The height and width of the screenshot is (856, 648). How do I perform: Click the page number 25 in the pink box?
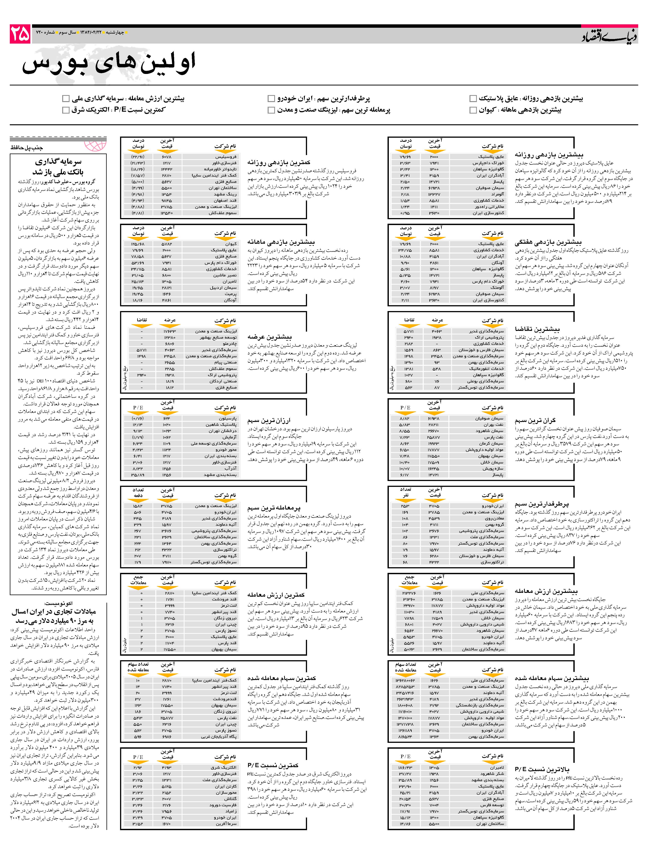pyautogui.click(x=20, y=34)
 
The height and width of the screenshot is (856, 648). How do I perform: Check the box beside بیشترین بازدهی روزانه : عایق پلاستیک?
pyautogui.click(x=473, y=99)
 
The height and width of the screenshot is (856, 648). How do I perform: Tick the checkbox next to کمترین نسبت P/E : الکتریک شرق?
pyautogui.click(x=66, y=110)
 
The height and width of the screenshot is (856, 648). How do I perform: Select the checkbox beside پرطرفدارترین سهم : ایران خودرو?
pyautogui.click(x=271, y=99)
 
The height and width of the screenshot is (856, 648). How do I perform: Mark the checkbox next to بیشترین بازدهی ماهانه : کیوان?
pyautogui.click(x=473, y=110)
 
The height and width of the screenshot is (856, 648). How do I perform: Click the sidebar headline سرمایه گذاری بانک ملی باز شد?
pyautogui.click(x=58, y=166)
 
